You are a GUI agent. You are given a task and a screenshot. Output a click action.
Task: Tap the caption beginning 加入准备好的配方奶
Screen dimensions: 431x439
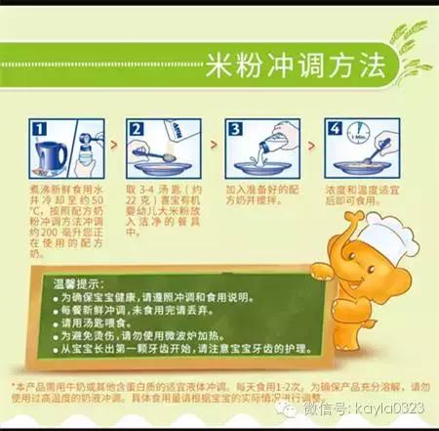[x=263, y=191]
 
